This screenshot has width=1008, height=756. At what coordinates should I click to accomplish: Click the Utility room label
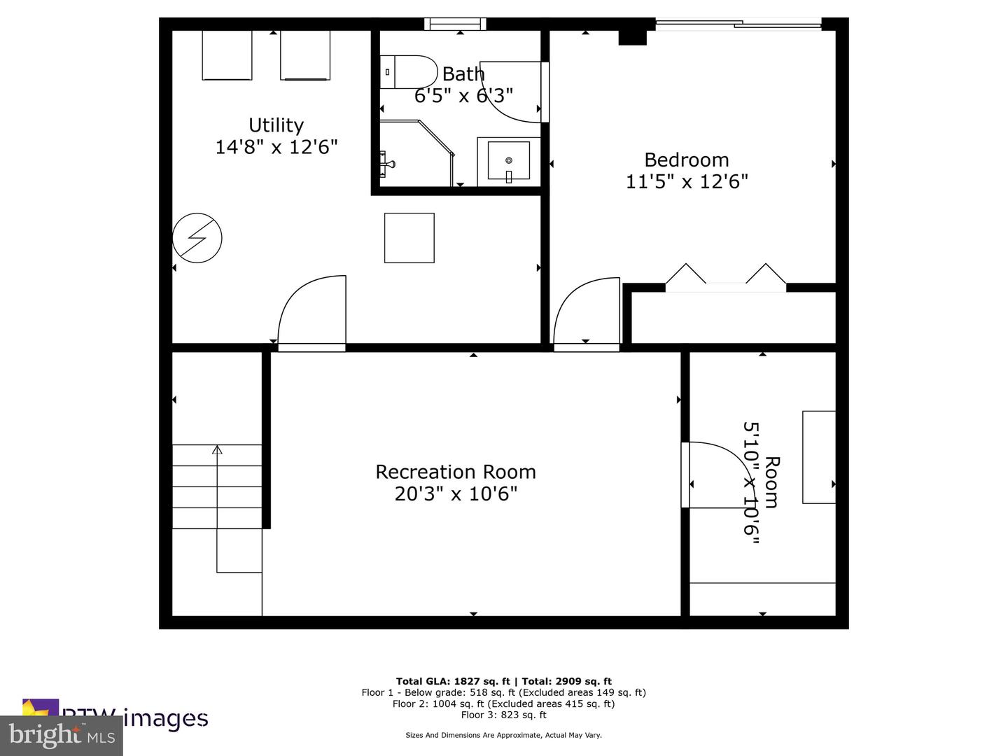pyautogui.click(x=276, y=125)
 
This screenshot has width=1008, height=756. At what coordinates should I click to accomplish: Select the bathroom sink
pyautogui.click(x=509, y=162)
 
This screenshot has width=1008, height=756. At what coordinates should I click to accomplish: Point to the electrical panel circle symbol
pyautogui.click(x=197, y=238)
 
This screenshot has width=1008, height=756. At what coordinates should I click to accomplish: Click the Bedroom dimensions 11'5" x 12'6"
pyautogui.click(x=686, y=182)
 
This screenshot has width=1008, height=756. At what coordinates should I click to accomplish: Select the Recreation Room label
pyautogui.click(x=456, y=472)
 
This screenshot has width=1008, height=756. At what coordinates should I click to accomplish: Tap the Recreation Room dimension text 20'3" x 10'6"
pyautogui.click(x=456, y=494)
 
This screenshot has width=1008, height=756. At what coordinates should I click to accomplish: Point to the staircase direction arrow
pyautogui.click(x=217, y=450)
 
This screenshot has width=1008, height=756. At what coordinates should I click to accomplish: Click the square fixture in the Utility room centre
pyautogui.click(x=409, y=238)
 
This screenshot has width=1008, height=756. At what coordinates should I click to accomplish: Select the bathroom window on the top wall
pyautogui.click(x=456, y=24)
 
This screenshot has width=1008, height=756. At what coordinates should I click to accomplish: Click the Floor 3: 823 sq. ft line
pyautogui.click(x=503, y=715)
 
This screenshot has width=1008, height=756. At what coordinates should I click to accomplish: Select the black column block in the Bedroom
pyautogui.click(x=632, y=38)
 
